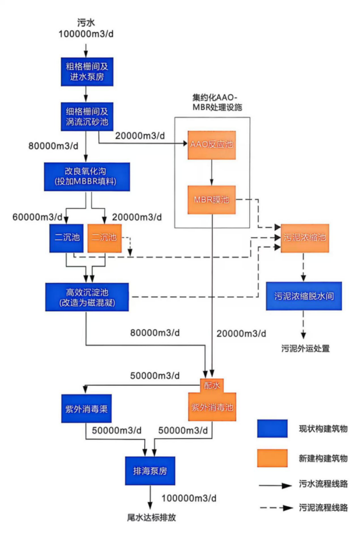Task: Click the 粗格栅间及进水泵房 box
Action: click(x=86, y=70)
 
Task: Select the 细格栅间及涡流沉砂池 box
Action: click(x=86, y=116)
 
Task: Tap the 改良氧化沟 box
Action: click(x=86, y=176)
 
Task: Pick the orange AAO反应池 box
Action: click(x=212, y=144)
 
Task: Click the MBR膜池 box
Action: click(x=212, y=200)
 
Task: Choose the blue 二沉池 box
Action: click(x=67, y=237)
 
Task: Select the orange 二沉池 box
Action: click(x=105, y=237)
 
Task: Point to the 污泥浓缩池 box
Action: click(x=304, y=237)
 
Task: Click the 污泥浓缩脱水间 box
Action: click(x=304, y=296)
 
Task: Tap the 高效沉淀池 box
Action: click(x=87, y=297)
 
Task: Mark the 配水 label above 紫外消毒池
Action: click(x=212, y=385)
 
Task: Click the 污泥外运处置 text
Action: click(x=306, y=348)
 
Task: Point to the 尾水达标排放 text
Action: click(x=151, y=517)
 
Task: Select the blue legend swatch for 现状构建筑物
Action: click(x=272, y=428)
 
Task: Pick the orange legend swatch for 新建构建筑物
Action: click(x=272, y=458)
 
